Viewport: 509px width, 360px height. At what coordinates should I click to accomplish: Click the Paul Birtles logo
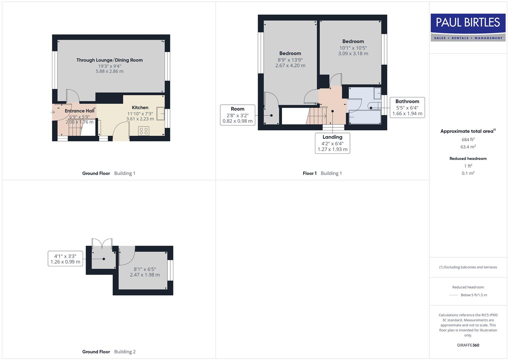468,27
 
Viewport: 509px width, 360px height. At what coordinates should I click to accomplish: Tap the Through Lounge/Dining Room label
109,60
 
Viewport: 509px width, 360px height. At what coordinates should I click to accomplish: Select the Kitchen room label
140,108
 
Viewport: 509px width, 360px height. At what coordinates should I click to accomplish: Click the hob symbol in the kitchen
144,131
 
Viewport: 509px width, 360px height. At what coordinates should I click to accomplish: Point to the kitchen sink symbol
161,113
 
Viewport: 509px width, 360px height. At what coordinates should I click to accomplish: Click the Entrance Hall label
79,111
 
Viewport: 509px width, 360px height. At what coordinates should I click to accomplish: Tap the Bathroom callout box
407,107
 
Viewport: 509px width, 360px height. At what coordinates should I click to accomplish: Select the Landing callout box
332,143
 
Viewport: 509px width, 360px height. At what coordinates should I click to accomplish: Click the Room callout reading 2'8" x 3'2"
237,115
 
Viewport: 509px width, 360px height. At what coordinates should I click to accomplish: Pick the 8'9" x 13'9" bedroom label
290,59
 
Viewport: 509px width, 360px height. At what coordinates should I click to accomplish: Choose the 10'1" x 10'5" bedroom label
353,47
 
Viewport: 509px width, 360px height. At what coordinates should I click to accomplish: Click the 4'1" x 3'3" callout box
65,259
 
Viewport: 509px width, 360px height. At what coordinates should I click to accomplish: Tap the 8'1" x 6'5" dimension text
145,272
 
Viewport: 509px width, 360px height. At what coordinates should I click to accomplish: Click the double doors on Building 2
102,244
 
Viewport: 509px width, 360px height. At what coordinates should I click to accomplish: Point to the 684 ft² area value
468,140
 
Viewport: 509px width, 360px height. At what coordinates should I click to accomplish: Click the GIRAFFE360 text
468,345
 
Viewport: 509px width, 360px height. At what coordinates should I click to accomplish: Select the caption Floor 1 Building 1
322,173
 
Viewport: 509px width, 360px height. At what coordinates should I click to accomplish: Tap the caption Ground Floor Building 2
109,352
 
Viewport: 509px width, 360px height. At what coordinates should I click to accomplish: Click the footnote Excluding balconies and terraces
468,267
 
